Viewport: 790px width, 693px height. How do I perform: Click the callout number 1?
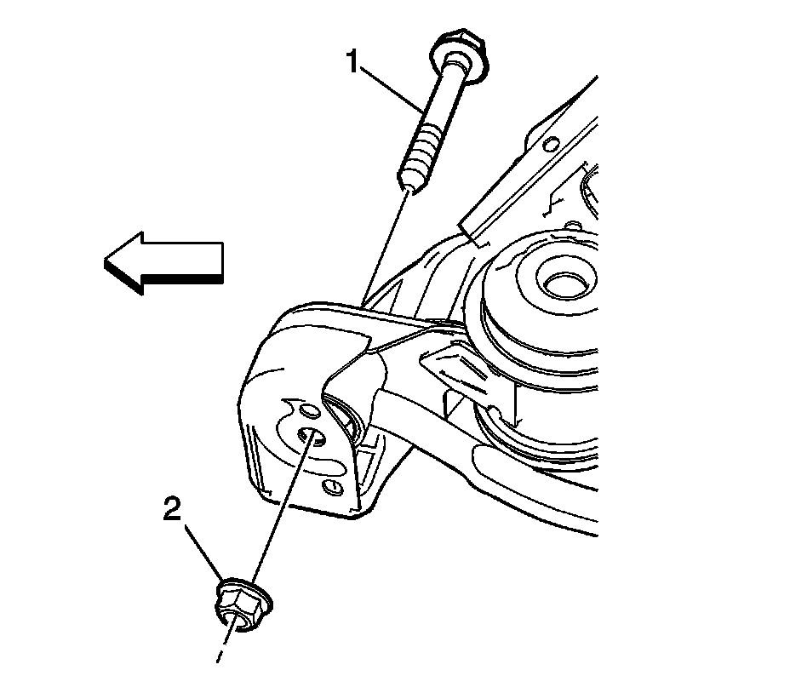351,61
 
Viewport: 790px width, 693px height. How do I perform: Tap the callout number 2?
173,510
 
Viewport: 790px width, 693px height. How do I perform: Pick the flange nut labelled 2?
241,605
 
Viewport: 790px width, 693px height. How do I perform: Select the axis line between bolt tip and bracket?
384,247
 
